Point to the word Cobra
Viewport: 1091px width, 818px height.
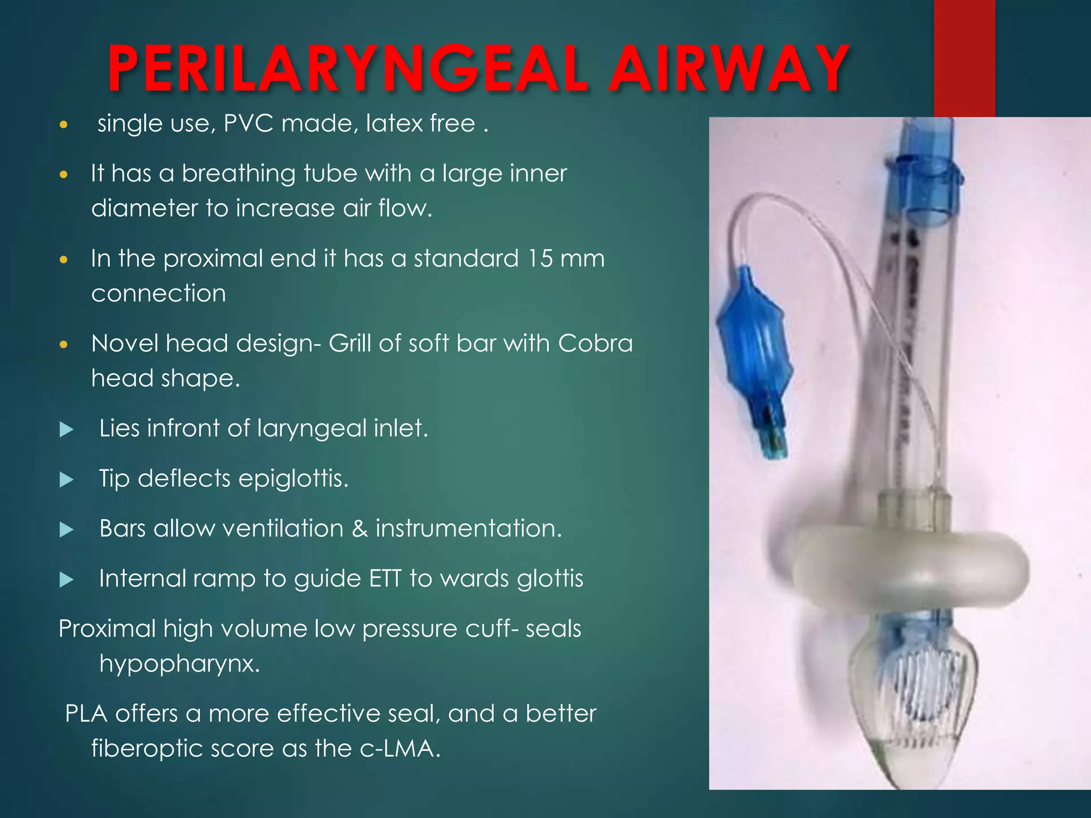(x=596, y=343)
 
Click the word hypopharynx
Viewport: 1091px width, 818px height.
(x=180, y=664)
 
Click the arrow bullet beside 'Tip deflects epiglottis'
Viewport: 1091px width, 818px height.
(x=67, y=479)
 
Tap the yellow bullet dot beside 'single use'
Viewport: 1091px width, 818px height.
(x=64, y=125)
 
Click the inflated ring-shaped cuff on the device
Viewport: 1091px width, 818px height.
(x=906, y=570)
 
